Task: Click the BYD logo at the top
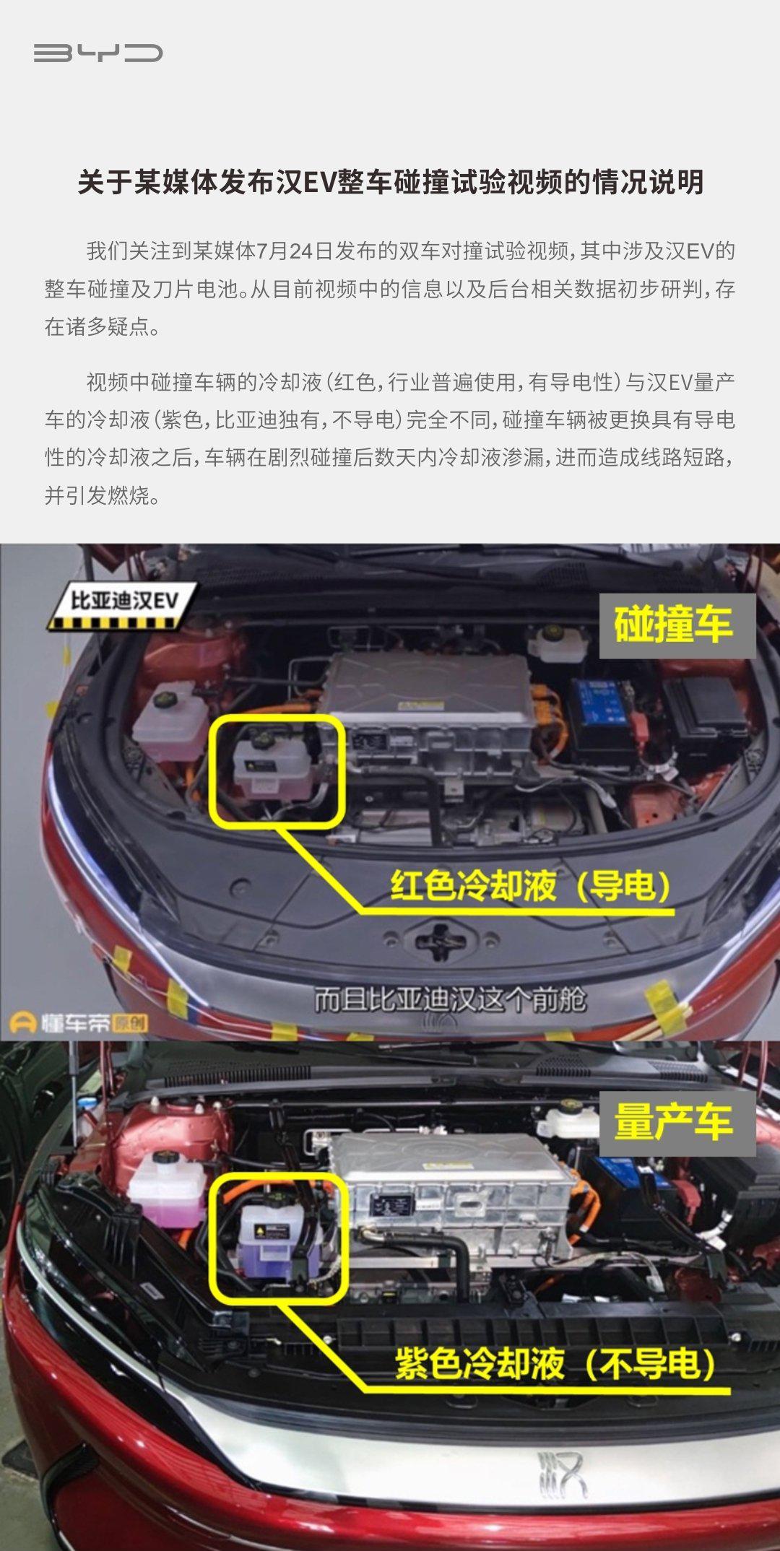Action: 98,53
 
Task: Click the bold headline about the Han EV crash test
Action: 390,182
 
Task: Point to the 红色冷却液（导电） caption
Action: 531,885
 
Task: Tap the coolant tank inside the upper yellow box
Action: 269,765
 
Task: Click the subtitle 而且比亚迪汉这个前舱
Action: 450,999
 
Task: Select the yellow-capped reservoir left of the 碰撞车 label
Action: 560,643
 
